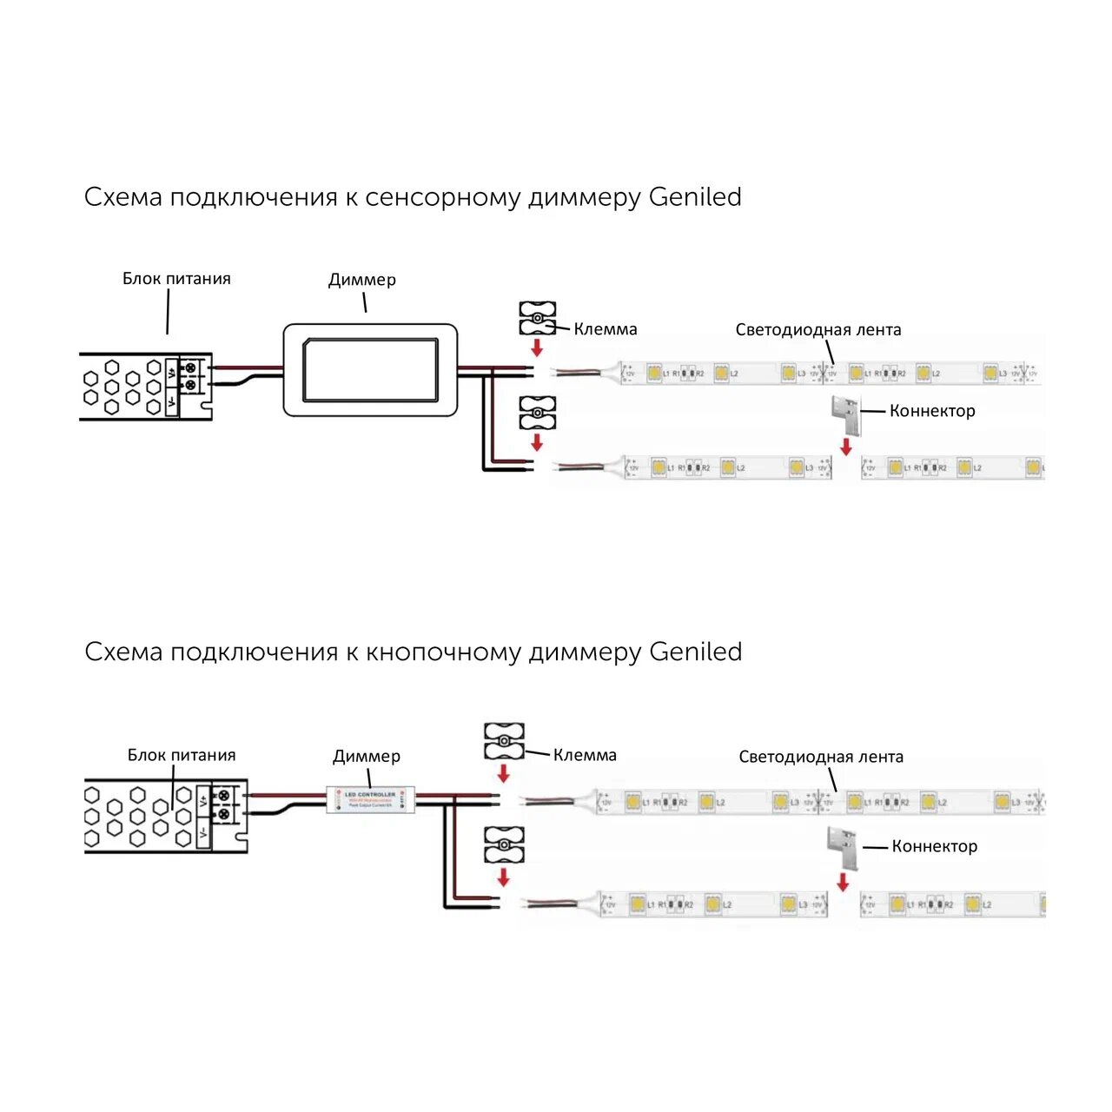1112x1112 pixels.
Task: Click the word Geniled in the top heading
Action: (x=695, y=197)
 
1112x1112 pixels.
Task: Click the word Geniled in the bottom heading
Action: (x=695, y=652)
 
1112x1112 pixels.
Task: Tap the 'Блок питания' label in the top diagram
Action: (x=176, y=279)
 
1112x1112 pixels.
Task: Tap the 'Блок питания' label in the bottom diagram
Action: (x=182, y=755)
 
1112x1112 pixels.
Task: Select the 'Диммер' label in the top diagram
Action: (x=362, y=280)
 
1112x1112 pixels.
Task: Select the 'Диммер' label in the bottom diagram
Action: (x=367, y=756)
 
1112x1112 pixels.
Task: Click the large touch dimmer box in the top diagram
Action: (x=370, y=370)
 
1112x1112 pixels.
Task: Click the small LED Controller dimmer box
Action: (x=370, y=799)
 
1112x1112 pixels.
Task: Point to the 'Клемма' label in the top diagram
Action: (x=606, y=329)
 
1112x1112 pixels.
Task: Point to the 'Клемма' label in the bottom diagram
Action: (x=585, y=755)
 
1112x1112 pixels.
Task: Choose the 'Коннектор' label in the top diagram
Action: (x=932, y=411)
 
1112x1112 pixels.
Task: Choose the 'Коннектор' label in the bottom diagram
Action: (x=935, y=846)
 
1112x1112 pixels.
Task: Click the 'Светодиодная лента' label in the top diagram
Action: (x=818, y=330)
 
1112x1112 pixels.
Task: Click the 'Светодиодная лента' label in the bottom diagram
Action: (x=821, y=757)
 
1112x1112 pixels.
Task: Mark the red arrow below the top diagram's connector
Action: (x=846, y=447)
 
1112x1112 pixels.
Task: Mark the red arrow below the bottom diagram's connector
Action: (x=843, y=883)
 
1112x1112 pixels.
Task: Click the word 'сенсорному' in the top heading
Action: (x=443, y=197)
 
